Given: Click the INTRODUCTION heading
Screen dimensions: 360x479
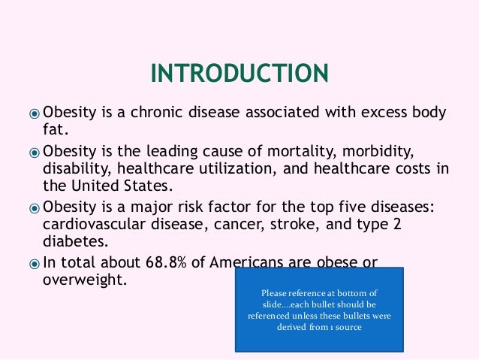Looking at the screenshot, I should (x=239, y=74).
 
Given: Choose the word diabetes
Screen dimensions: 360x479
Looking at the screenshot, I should (x=74, y=242).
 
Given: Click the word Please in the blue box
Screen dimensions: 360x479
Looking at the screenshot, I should (x=275, y=293).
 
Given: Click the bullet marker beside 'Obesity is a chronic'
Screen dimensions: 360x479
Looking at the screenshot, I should (x=35, y=114).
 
